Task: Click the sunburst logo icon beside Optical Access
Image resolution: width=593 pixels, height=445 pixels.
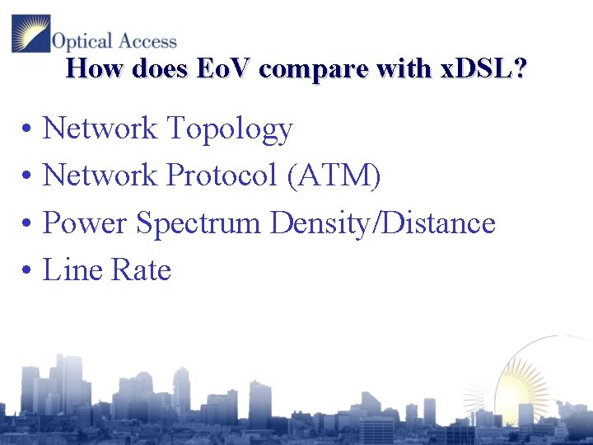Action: pyautogui.click(x=30, y=34)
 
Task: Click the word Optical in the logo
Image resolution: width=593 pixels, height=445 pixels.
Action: pyautogui.click(x=77, y=40)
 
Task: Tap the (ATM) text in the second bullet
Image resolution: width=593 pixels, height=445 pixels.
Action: pyautogui.click(x=334, y=175)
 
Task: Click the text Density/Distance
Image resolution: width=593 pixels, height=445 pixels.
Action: pyautogui.click(x=383, y=223)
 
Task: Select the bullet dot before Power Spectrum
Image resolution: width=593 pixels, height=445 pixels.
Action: pyautogui.click(x=27, y=224)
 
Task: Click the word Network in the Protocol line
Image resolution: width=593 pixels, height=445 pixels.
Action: pyautogui.click(x=100, y=175)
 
